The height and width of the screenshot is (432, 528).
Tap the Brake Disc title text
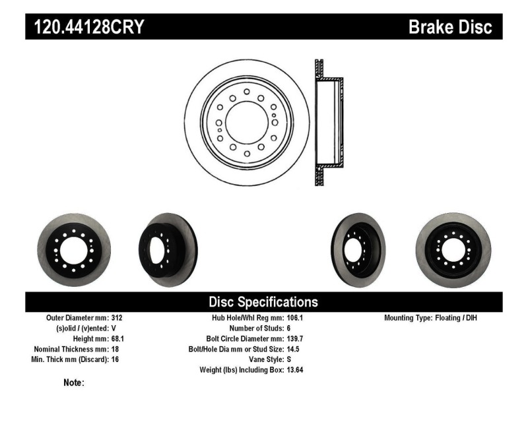click(x=450, y=28)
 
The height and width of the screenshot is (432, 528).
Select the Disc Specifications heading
click(x=263, y=302)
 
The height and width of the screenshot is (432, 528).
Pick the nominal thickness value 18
click(x=115, y=349)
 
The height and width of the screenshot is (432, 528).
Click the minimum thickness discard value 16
click(x=115, y=359)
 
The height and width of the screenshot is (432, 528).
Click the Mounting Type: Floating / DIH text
click(x=430, y=318)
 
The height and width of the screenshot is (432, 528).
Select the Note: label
click(x=73, y=383)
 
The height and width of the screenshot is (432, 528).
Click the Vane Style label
click(x=263, y=359)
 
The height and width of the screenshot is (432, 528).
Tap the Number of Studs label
click(x=255, y=328)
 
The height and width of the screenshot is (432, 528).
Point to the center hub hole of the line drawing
click(x=246, y=122)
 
